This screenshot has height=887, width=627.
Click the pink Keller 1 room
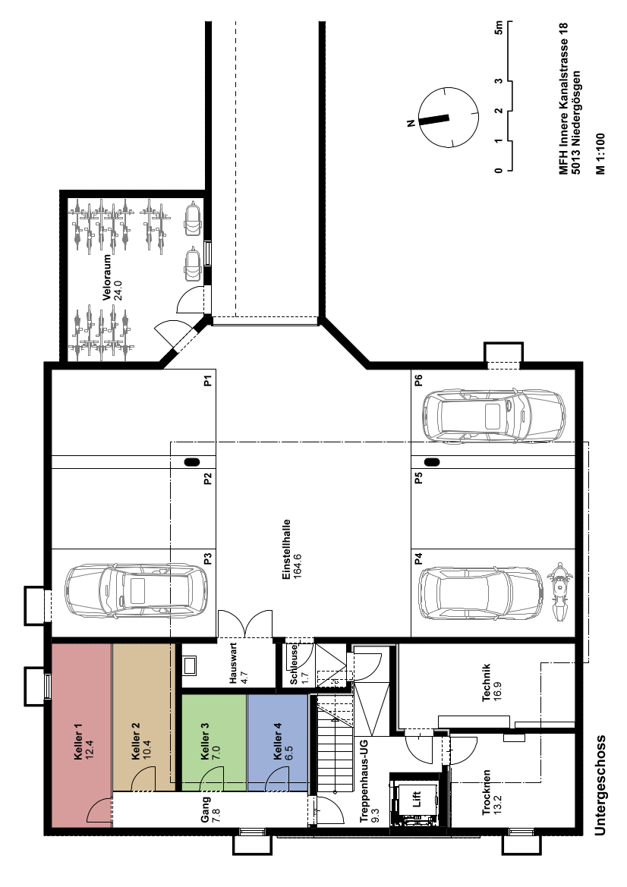pyautogui.click(x=82, y=735)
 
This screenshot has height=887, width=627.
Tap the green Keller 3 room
pyautogui.click(x=214, y=742)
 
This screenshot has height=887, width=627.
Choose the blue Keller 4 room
pyautogui.click(x=277, y=742)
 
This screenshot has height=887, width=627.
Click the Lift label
pyautogui.click(x=417, y=799)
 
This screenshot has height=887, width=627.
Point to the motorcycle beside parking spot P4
pyautogui.click(x=559, y=592)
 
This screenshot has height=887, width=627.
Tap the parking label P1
pyautogui.click(x=208, y=381)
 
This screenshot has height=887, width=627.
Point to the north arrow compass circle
pyautogui.click(x=447, y=118)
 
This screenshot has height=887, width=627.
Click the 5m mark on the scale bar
pyautogui.click(x=498, y=27)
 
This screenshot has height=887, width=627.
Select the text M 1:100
pyautogui.click(x=600, y=154)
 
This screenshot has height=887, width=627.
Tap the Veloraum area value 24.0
pyautogui.click(x=118, y=289)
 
